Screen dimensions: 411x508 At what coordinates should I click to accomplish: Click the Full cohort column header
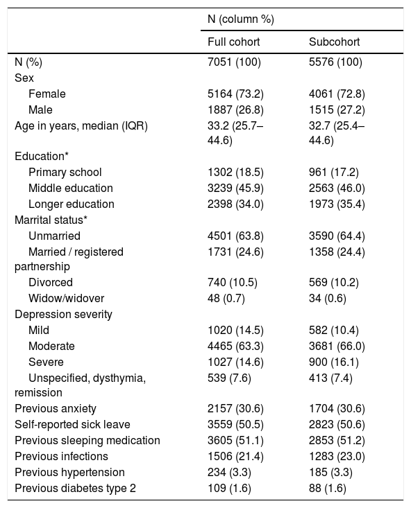pos(233,42)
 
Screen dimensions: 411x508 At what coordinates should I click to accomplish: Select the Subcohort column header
pos(334,42)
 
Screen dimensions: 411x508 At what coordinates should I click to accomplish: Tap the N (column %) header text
pos(241,19)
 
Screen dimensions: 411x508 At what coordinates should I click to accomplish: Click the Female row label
pos(47,94)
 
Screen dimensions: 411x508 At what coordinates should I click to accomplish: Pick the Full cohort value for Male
pos(235,110)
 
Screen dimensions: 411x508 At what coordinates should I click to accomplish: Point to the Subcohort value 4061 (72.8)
pos(337,94)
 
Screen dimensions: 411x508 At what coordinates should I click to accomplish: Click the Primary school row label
pos(65,173)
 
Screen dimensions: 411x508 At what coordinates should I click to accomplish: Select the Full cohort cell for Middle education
pos(235,189)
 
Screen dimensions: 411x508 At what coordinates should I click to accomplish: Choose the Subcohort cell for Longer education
pos(337,204)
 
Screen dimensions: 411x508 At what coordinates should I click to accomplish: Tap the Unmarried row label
pos(54,236)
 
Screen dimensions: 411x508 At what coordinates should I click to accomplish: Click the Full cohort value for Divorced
pos(233,283)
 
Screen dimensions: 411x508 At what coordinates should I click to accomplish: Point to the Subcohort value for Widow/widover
pos(328,299)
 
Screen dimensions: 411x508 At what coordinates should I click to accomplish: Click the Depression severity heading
pos(63,314)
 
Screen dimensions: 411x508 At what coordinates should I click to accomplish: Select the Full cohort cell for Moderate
pos(235,347)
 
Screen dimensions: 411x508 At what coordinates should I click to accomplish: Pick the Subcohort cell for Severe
pos(334,362)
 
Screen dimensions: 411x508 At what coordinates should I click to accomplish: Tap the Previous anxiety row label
pos(55,409)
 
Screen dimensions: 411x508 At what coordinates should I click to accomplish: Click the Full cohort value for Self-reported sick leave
pos(235,425)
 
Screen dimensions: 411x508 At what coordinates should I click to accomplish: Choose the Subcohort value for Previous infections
pos(337,457)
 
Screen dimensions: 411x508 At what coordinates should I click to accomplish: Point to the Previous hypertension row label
pos(69,473)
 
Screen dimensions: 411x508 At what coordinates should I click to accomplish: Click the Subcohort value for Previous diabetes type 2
pos(328,488)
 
